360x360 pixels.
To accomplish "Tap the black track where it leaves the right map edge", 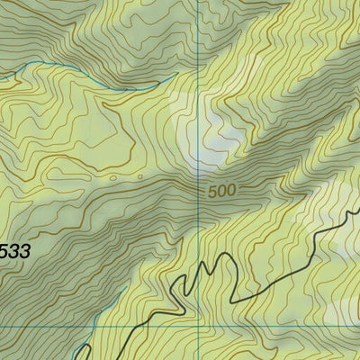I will click(358, 209).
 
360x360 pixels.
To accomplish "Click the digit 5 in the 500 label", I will click(211, 192).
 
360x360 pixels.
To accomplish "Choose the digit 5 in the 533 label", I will click(3, 252).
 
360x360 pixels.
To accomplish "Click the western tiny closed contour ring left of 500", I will click(112, 178).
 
